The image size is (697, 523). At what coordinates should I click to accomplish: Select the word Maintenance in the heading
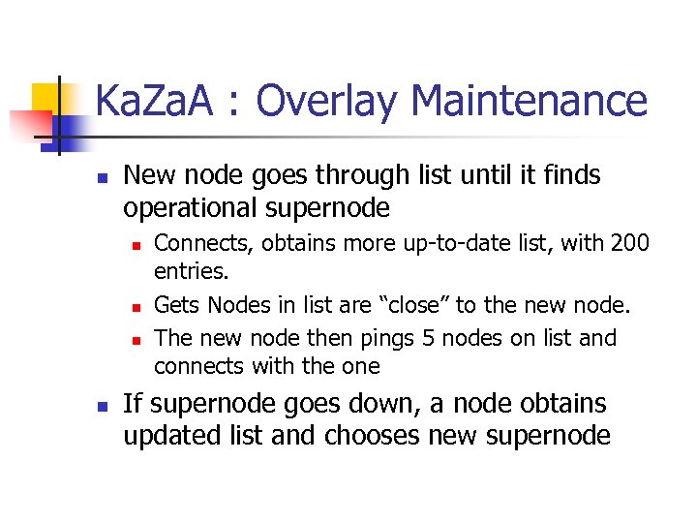point(529,101)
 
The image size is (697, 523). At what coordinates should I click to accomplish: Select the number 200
point(630,243)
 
